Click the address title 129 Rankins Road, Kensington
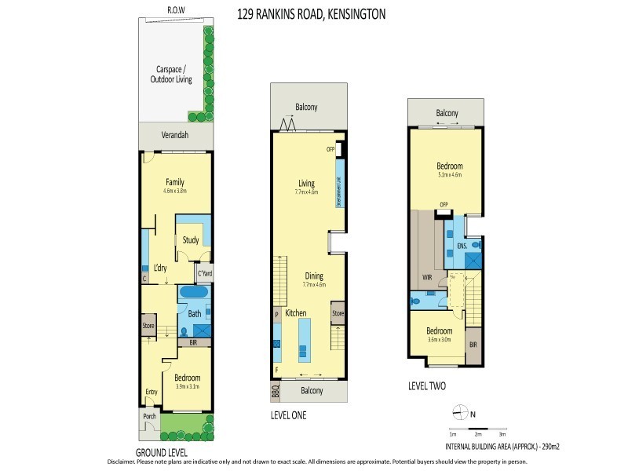(x=312, y=14)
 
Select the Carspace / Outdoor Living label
(x=170, y=75)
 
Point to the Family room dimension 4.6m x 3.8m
(x=174, y=191)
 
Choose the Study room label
(x=190, y=240)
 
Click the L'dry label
(x=161, y=268)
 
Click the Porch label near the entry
(x=148, y=417)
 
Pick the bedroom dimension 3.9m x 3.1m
(x=187, y=386)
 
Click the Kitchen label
(x=295, y=313)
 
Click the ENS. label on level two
(x=462, y=246)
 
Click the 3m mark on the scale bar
(x=502, y=433)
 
